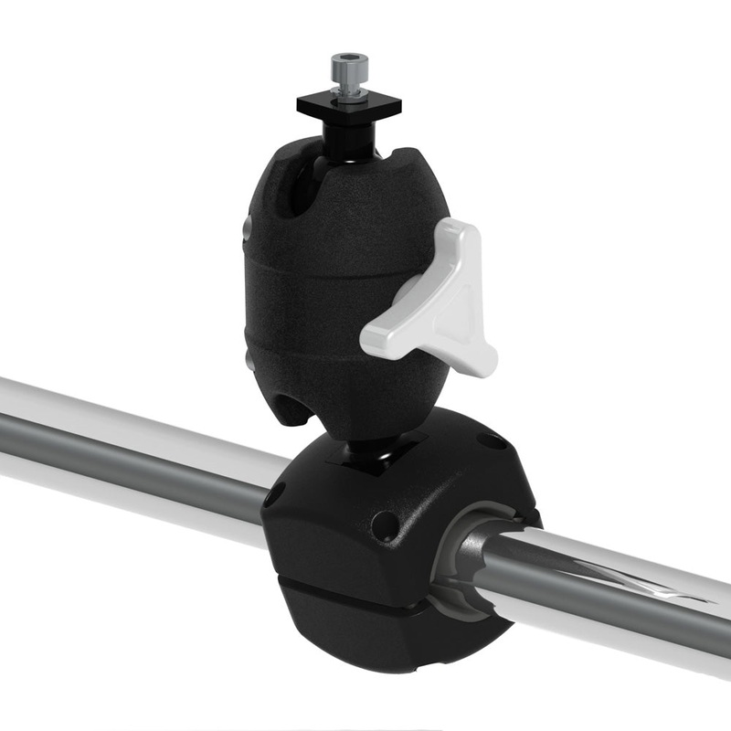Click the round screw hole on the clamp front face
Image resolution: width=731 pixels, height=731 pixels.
click(385, 525)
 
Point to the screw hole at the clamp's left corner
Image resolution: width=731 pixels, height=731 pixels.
click(273, 498)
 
